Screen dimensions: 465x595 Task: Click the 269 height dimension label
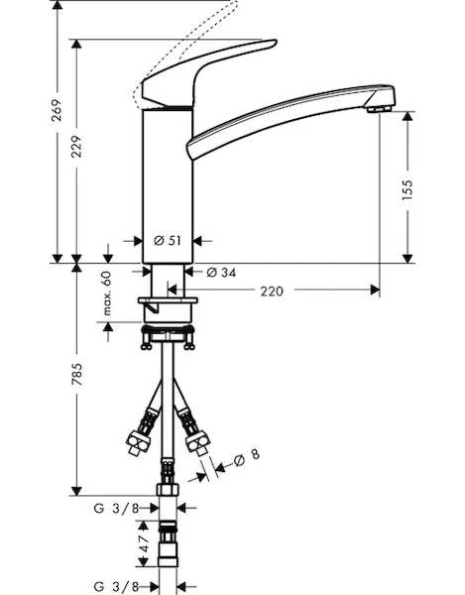click(57, 110)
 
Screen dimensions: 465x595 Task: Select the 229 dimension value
click(76, 147)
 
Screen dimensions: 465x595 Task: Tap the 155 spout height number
click(407, 189)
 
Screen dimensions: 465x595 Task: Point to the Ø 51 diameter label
click(168, 241)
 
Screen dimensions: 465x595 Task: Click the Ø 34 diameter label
click(221, 272)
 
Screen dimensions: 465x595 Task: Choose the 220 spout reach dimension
click(272, 291)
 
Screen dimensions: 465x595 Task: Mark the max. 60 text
click(107, 293)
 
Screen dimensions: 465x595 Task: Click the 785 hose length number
click(77, 374)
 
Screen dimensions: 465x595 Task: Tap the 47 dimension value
click(144, 543)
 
